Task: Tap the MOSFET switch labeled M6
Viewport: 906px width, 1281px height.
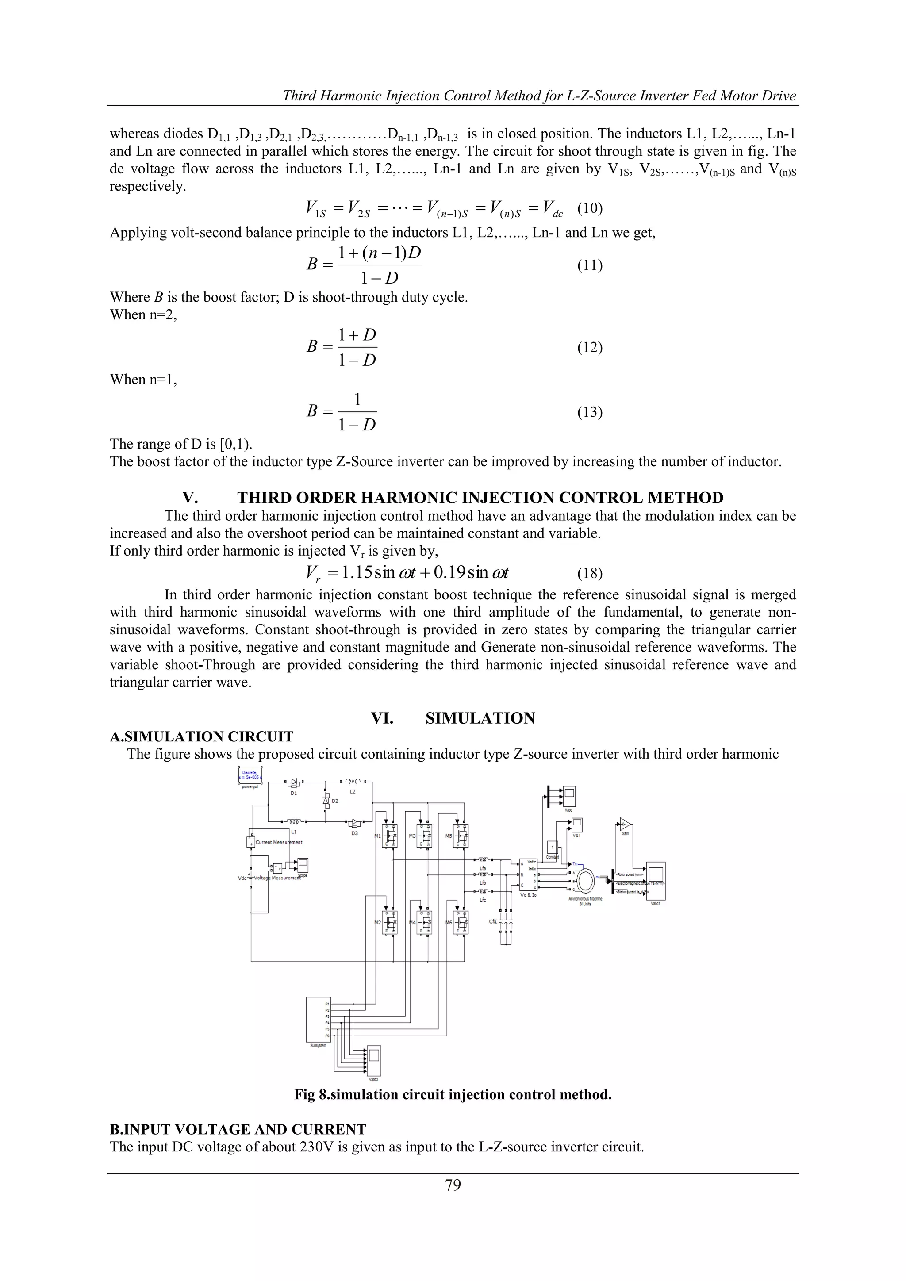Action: [x=461, y=923]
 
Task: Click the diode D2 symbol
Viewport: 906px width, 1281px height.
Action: [x=326, y=801]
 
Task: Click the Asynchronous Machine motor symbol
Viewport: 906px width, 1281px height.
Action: [x=586, y=881]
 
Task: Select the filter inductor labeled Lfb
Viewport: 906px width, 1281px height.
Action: [x=483, y=874]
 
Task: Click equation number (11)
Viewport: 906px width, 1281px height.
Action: [x=590, y=265]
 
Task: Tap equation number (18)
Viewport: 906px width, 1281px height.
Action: [x=590, y=573]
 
